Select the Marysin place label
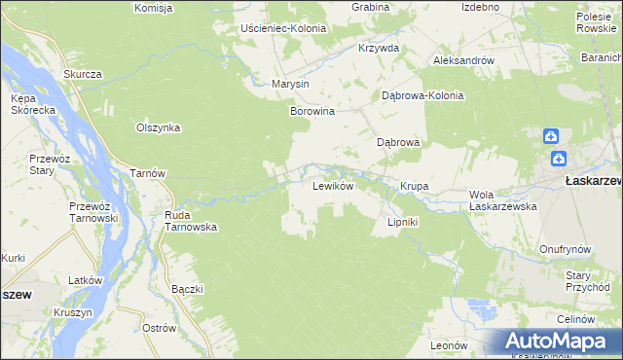pyautogui.click(x=290, y=84)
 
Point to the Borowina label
pyautogui.click(x=312, y=112)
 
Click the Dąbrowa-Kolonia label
pyautogui.click(x=422, y=96)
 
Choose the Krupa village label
pyautogui.click(x=415, y=186)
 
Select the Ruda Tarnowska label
pyautogui.click(x=190, y=221)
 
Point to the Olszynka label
pyautogui.click(x=159, y=127)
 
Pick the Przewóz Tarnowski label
pyautogui.click(x=93, y=212)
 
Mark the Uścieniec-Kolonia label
pyautogui.click(x=282, y=28)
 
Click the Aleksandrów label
pyautogui.click(x=463, y=60)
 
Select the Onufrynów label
pyautogui.click(x=565, y=249)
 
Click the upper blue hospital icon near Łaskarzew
pyautogui.click(x=551, y=137)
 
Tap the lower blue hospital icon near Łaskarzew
pyautogui.click(x=558, y=159)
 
